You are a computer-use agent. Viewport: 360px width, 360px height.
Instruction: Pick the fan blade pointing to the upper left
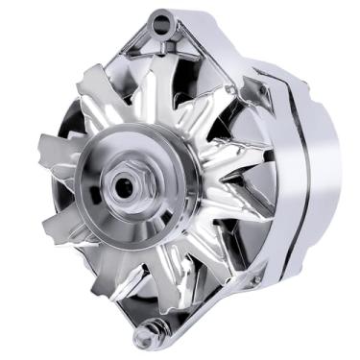(97, 91)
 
